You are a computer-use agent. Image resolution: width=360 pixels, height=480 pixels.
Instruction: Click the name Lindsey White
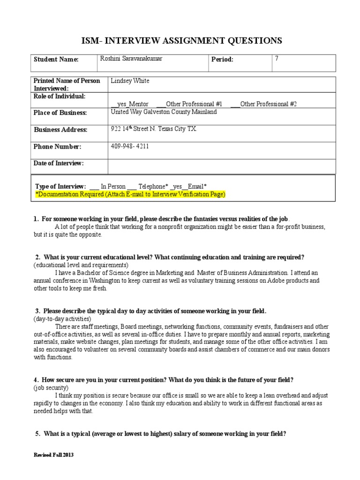[x=130, y=81]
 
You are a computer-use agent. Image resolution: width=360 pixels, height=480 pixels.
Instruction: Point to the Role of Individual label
[x=60, y=96]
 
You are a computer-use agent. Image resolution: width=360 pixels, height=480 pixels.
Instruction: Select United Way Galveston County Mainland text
[x=164, y=112]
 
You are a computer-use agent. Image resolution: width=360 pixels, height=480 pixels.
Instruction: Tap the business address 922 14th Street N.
[x=154, y=129]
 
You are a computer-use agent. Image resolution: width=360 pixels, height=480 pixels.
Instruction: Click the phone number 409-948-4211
[x=130, y=146]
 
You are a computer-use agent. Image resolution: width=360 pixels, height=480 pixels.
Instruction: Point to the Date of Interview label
[x=59, y=163]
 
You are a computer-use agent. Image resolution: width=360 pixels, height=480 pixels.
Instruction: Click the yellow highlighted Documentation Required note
[x=130, y=194]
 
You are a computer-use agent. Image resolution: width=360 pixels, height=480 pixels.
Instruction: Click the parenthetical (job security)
[x=51, y=388]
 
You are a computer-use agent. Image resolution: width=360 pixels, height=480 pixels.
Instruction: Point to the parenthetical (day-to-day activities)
[x=62, y=319]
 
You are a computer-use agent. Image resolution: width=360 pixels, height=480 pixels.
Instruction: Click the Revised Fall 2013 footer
[x=54, y=455]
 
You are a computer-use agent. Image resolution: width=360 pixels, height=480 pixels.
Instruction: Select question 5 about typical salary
[x=160, y=434]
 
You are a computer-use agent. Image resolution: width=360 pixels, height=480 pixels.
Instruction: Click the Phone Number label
[x=57, y=147]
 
